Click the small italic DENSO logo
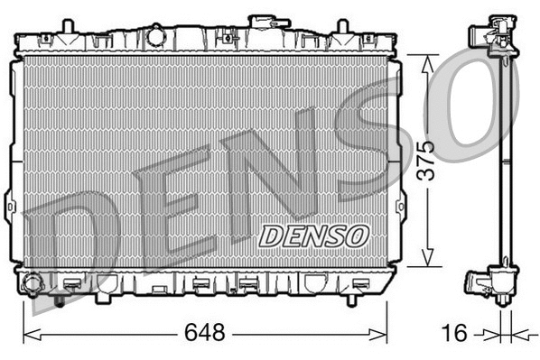coord(315,235)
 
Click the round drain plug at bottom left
coord(34,285)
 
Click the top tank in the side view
coord(492,36)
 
